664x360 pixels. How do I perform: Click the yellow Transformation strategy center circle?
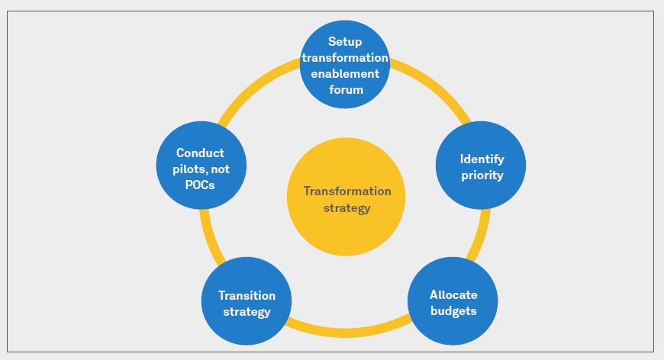346,198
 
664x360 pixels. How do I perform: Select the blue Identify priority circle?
481,166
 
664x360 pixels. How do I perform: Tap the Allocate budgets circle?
453,304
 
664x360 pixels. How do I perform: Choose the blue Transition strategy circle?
247,304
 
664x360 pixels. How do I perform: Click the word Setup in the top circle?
345,41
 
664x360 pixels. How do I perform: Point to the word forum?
345,89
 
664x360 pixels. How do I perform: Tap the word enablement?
345,73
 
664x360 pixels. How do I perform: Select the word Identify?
482,159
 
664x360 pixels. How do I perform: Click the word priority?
482,175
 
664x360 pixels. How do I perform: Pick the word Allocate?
453,294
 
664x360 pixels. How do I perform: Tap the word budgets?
453,310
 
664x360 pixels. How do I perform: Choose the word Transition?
247,295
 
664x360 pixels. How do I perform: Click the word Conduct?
200,153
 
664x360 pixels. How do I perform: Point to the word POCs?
200,183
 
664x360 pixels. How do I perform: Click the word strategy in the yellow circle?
346,207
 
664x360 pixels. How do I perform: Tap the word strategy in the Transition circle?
247,311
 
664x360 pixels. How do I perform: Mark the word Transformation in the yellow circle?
347,191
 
